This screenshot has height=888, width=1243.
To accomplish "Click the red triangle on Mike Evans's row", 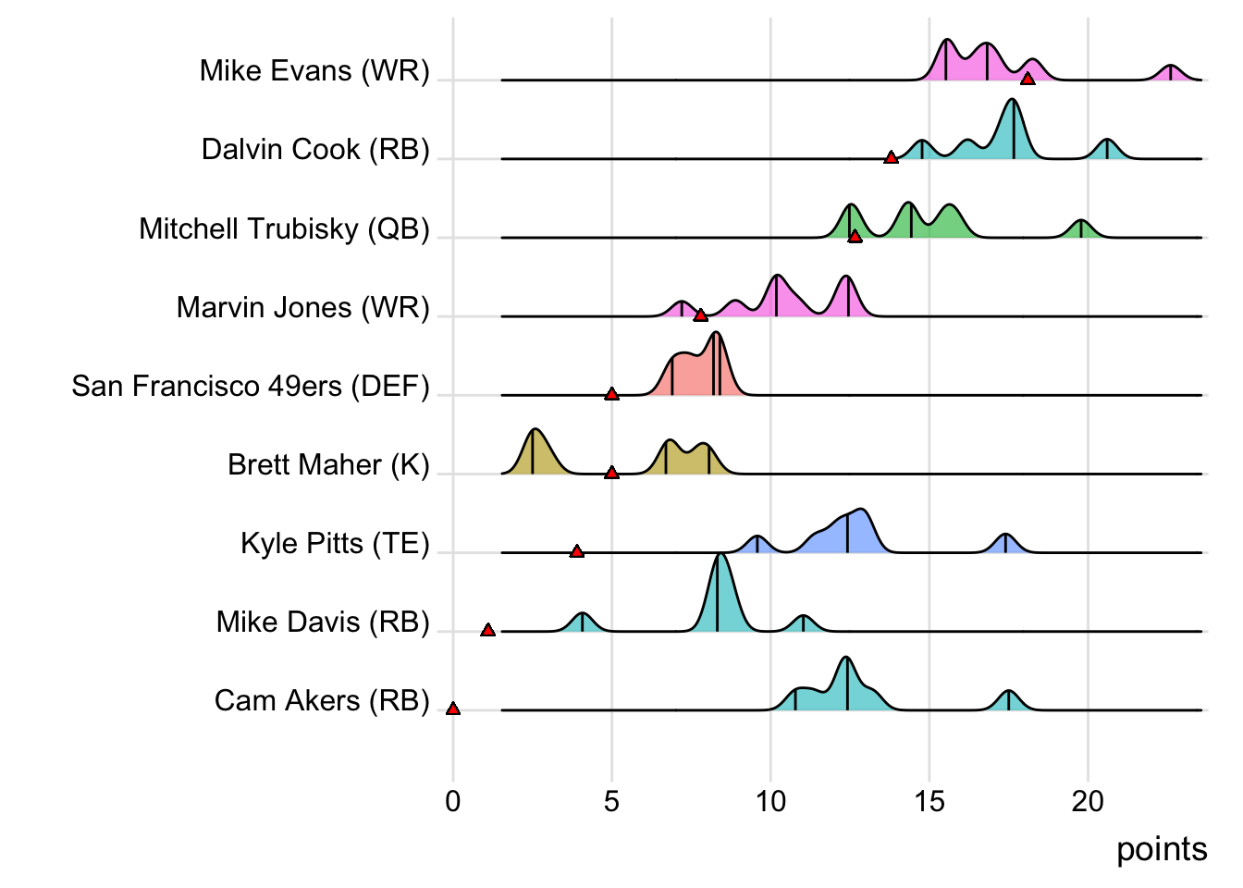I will (1027, 79).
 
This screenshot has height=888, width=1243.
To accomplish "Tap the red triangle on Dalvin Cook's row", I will (891, 157).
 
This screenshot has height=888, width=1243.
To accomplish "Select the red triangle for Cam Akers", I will (453, 709).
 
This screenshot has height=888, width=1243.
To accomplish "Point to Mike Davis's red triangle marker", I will (488, 630).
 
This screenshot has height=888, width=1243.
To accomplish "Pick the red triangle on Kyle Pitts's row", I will (577, 551).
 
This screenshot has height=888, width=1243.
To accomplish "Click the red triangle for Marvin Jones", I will (701, 315).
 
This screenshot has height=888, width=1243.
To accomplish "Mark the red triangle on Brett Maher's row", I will (611, 473).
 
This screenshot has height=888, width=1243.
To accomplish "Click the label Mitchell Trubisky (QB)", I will (284, 228).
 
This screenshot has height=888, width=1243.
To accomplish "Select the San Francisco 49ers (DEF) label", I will (251, 386).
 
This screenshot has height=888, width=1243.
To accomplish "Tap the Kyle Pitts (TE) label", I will (335, 543).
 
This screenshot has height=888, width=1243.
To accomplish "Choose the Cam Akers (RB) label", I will (322, 700).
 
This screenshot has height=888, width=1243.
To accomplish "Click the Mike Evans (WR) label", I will (314, 71).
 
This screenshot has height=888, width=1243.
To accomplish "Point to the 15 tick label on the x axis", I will (929, 801).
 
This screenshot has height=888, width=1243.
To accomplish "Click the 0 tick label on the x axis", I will (453, 801).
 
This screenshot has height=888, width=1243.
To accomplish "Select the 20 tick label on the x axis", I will (1089, 801).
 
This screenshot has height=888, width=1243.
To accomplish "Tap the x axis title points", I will (1162, 849).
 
